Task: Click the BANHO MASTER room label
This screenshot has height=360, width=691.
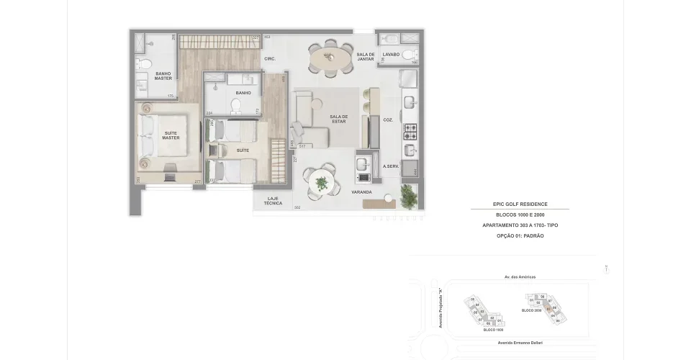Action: click(163, 75)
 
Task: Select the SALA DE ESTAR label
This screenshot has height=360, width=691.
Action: click(338, 119)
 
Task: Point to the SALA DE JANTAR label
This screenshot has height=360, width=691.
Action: click(366, 57)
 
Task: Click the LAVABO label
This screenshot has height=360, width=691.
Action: click(391, 54)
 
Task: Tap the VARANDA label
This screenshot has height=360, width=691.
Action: click(361, 193)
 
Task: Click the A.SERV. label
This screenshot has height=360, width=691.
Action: click(391, 166)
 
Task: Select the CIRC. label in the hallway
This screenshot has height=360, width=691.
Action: click(271, 58)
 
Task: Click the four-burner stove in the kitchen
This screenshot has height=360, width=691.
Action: click(410, 132)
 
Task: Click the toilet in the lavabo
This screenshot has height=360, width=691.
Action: click(408, 55)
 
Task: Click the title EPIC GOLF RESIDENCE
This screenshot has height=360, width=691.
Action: click(520, 204)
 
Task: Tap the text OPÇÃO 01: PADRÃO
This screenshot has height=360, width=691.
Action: click(520, 236)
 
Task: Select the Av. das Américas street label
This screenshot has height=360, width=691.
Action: click(520, 276)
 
